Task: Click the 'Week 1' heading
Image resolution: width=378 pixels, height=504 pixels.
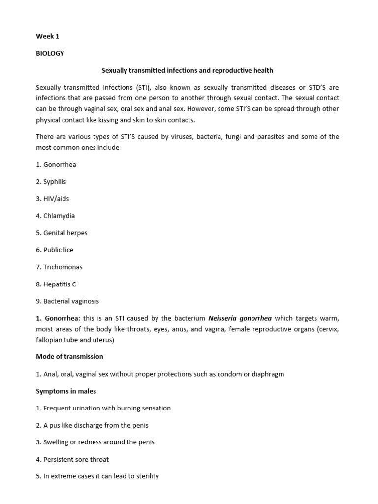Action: click(47, 36)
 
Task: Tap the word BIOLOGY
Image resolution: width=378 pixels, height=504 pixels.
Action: click(50, 53)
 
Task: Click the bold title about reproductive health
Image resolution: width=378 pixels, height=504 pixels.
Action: click(187, 70)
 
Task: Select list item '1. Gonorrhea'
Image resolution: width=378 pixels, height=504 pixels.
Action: click(56, 164)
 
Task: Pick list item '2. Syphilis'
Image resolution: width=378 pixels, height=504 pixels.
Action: click(51, 182)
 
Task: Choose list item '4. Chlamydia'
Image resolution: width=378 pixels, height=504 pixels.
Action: click(56, 216)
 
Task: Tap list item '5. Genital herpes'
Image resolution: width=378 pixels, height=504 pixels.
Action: click(62, 233)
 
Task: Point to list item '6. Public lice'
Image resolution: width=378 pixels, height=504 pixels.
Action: click(55, 250)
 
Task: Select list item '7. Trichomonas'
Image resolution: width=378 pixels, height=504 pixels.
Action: click(59, 267)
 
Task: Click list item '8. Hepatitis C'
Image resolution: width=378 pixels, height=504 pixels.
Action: click(56, 284)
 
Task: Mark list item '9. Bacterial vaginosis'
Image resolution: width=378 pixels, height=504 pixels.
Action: click(67, 301)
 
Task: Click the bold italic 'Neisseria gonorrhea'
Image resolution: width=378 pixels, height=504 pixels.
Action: click(240, 318)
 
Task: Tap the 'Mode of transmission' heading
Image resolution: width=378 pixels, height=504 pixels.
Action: click(69, 356)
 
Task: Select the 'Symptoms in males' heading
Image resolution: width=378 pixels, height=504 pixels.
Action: click(66, 391)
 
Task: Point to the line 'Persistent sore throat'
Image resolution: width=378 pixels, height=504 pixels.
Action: click(72, 459)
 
